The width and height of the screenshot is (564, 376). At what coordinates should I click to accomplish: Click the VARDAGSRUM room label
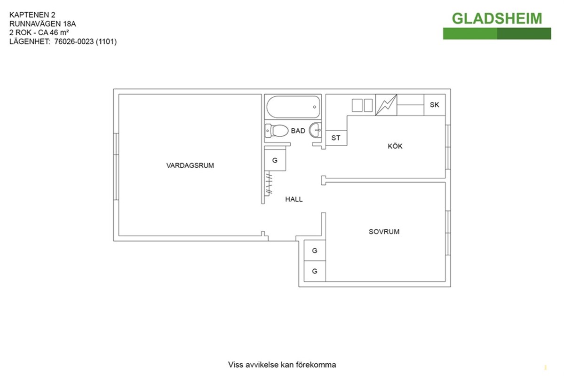click(x=190, y=165)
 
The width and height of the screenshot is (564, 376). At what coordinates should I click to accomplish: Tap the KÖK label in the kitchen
click(x=395, y=146)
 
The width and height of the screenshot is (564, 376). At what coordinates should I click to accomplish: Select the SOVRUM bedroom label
click(x=384, y=232)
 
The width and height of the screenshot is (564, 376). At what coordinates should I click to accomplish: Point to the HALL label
click(x=294, y=199)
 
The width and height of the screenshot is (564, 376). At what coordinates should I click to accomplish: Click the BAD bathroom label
click(x=298, y=131)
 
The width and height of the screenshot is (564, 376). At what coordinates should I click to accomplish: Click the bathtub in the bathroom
click(x=293, y=107)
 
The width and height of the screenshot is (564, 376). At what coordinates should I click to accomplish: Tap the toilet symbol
click(x=276, y=131)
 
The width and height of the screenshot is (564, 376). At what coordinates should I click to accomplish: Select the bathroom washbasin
click(x=316, y=130)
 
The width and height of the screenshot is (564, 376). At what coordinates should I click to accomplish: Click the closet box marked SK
click(x=435, y=105)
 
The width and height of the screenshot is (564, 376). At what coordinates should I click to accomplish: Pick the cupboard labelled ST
click(x=336, y=138)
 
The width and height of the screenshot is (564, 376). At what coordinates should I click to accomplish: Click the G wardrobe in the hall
click(x=275, y=160)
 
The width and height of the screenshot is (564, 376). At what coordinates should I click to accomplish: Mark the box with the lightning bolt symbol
click(x=386, y=105)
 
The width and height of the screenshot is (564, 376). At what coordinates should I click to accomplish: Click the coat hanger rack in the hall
click(x=268, y=184)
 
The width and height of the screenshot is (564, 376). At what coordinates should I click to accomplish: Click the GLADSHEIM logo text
click(x=497, y=19)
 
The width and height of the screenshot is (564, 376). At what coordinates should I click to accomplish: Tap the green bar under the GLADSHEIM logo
click(x=497, y=33)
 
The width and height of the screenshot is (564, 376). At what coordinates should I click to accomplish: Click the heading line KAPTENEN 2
click(x=32, y=15)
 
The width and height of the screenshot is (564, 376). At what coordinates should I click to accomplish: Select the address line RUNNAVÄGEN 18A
click(x=42, y=23)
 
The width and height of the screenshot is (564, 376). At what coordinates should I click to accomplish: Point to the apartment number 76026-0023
click(x=74, y=42)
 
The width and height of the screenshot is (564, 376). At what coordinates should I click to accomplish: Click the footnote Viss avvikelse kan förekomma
click(x=282, y=365)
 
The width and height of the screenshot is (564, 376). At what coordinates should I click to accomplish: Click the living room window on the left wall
click(x=116, y=167)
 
